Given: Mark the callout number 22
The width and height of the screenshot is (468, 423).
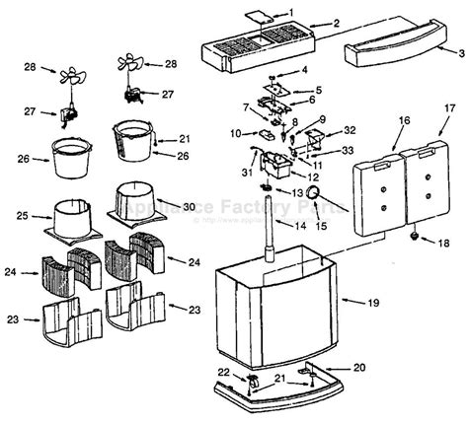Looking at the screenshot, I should (x=224, y=371).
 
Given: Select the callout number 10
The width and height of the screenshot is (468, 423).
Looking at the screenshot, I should (x=236, y=131).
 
